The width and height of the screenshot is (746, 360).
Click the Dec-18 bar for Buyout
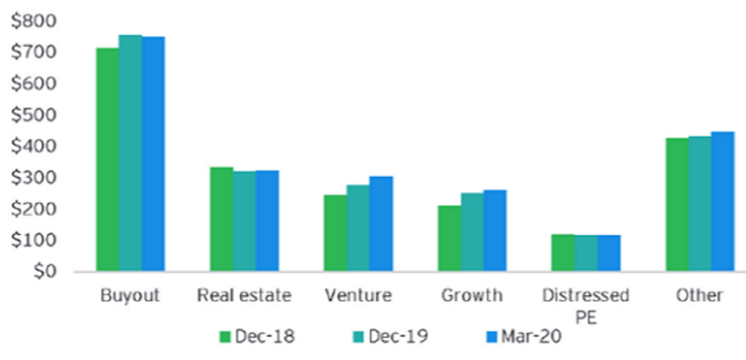[107, 160]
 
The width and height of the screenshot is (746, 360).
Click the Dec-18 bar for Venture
[335, 233]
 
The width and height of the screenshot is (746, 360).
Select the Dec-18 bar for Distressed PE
[563, 253]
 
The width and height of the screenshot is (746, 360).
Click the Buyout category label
[130, 295]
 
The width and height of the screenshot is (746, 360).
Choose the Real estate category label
[244, 295]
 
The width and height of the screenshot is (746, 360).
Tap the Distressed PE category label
[586, 305]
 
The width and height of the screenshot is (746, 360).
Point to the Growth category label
[472, 295]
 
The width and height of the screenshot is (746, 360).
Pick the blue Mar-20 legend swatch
[492, 337]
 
